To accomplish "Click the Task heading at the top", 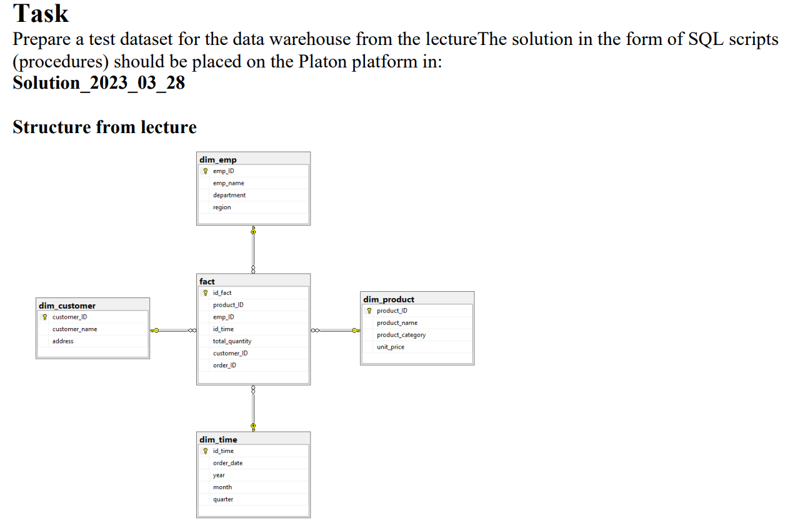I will (x=41, y=14).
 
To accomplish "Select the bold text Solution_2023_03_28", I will (x=99, y=82).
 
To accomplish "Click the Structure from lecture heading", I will (x=104, y=127).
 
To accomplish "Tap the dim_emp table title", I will (x=217, y=159).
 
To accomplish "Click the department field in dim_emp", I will (x=229, y=195).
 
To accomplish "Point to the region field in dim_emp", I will (x=222, y=207).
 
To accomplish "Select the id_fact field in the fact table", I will (x=222, y=292).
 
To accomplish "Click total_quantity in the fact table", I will (x=232, y=341).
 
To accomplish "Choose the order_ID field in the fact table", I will (x=224, y=365).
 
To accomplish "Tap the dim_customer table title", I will (x=67, y=306).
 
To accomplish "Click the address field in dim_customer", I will (x=62, y=341).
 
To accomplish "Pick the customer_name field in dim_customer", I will (x=74, y=329).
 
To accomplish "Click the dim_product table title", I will (x=388, y=299).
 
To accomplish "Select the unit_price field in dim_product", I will (x=390, y=347).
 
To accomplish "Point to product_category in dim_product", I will (x=401, y=335).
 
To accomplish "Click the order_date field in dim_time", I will (x=227, y=463).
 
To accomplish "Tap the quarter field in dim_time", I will (x=222, y=499).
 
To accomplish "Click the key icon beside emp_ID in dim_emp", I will (x=205, y=171).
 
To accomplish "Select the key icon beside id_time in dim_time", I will (x=205, y=451).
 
